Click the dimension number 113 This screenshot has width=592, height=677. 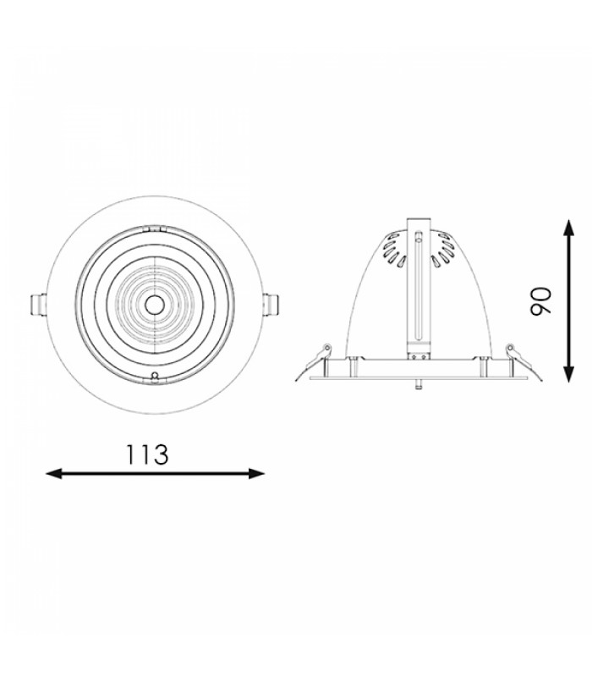(146, 454)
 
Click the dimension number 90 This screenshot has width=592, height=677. (540, 301)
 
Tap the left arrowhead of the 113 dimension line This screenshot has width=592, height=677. (54, 474)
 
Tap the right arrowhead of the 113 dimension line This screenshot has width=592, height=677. (256, 474)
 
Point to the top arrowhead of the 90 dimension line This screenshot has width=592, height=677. (569, 228)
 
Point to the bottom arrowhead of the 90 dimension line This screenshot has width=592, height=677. (569, 374)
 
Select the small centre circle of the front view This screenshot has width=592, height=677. (154, 305)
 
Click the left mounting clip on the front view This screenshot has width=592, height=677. (38, 305)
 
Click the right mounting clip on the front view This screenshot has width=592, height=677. (271, 305)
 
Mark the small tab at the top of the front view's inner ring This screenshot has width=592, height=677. (154, 228)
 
